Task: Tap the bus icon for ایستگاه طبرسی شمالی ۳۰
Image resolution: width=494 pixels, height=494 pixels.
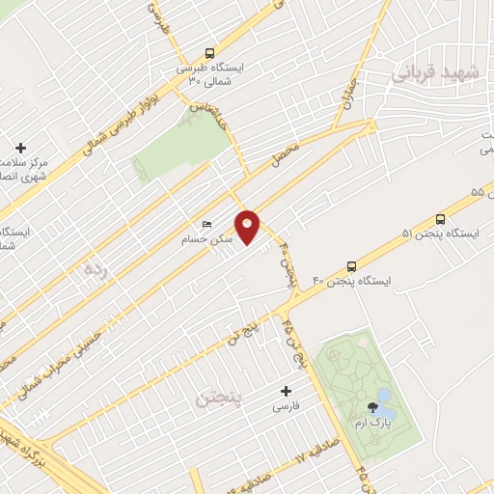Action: pos(210,54)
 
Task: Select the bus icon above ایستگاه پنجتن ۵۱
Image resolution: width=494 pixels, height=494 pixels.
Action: pos(441,219)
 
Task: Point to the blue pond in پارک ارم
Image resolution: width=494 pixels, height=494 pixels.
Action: pos(384,398)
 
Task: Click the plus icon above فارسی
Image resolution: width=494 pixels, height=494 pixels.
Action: pos(285,391)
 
